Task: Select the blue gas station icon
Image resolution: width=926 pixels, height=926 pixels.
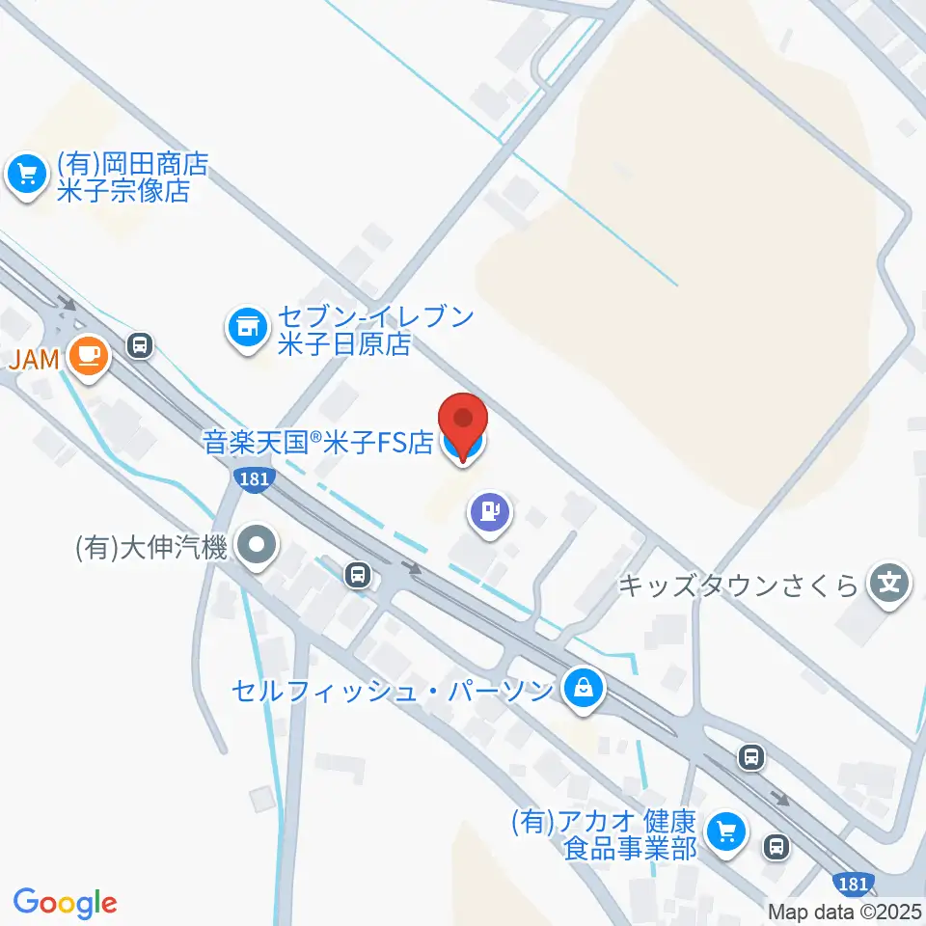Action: coord(490,510)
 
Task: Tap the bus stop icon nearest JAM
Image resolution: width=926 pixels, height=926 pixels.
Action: coord(141,344)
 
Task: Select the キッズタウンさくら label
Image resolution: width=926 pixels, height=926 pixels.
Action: coord(738,586)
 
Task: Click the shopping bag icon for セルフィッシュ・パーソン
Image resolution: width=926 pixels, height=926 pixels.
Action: coord(585,690)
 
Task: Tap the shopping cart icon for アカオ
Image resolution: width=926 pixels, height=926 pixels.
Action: coord(726,832)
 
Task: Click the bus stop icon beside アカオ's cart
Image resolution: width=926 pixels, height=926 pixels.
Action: coord(776,847)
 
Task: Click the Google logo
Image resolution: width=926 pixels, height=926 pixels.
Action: coord(66,903)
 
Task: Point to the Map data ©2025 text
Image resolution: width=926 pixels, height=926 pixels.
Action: coord(845,911)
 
